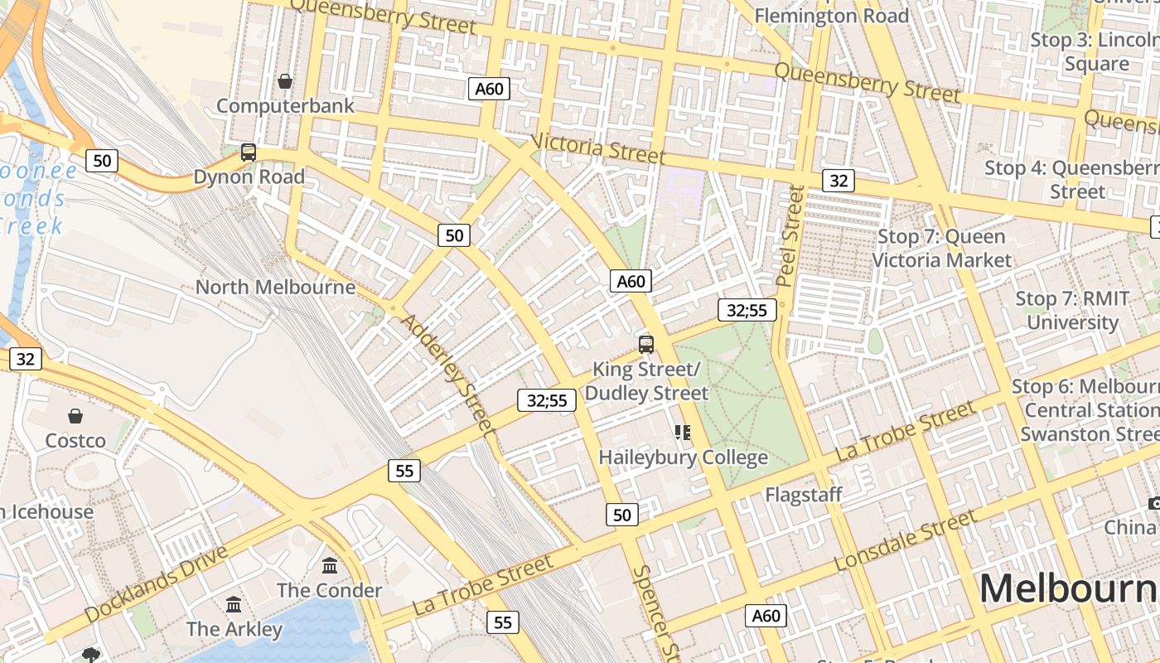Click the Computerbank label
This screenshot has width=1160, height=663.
pyautogui.click(x=285, y=106)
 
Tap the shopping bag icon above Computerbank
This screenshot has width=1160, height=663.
pyautogui.click(x=285, y=81)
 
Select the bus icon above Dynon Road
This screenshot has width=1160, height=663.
pyautogui.click(x=248, y=152)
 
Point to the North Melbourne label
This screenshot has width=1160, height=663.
pyautogui.click(x=275, y=288)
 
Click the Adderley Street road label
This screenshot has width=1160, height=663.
pyautogui.click(x=448, y=374)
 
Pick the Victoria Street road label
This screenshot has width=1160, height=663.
pyautogui.click(x=597, y=148)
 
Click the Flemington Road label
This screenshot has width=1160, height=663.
pyautogui.click(x=831, y=16)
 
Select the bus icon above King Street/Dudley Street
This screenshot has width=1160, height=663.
pyautogui.click(x=646, y=345)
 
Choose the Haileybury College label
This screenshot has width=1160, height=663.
pyautogui.click(x=683, y=457)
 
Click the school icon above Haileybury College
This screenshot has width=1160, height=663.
pyautogui.click(x=683, y=433)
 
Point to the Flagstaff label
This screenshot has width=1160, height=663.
pyautogui.click(x=803, y=495)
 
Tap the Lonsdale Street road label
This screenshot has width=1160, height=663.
pyautogui.click(x=906, y=541)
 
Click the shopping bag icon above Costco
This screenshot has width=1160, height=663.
pyautogui.click(x=75, y=416)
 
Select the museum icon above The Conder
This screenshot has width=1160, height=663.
pyautogui.click(x=330, y=566)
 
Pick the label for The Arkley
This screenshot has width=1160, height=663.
pyautogui.click(x=234, y=629)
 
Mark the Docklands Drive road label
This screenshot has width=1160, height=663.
pyautogui.click(x=156, y=583)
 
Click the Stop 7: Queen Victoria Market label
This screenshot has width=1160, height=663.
pyautogui.click(x=941, y=249)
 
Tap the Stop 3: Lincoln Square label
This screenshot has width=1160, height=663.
pyautogui.click(x=1095, y=51)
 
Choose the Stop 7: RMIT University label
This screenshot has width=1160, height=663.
pyautogui.click(x=1072, y=311)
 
